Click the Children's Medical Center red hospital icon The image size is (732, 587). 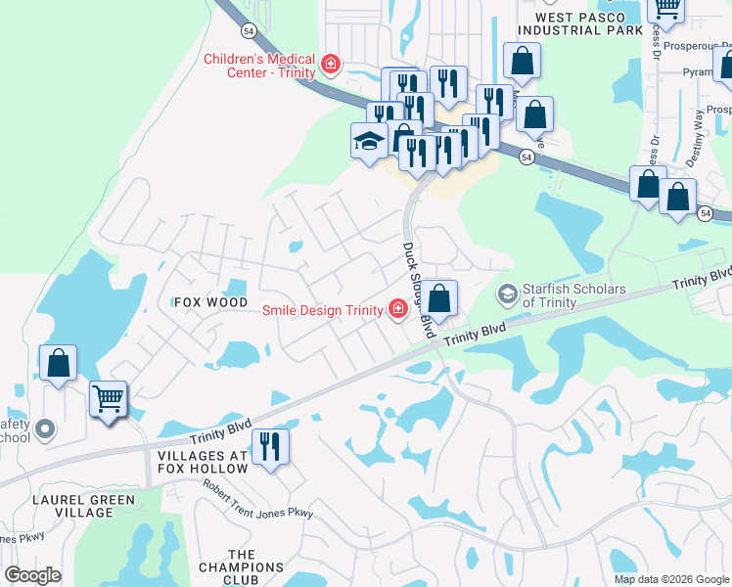331,66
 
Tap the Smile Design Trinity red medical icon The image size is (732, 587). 397,310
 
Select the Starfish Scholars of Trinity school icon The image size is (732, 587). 507,293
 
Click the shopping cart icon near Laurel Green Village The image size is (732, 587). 108,399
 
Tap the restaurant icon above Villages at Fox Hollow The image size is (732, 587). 269,447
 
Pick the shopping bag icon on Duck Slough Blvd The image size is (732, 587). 439,297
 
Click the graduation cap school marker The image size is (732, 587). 369,141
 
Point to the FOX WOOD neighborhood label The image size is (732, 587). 210,302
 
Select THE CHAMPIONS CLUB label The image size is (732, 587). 241,566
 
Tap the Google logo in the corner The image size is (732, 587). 33,574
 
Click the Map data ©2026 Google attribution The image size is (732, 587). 670,579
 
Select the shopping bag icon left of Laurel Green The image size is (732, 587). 59,362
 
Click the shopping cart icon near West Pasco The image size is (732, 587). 667,8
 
